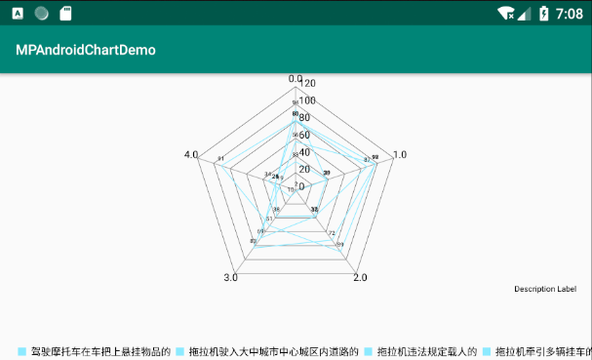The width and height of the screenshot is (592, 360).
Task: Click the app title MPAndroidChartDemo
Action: click(x=86, y=50)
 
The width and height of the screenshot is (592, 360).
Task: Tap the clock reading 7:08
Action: click(x=569, y=14)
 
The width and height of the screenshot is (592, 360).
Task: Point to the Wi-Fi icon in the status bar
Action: click(x=505, y=14)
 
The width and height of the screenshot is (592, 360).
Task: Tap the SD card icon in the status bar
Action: click(x=65, y=14)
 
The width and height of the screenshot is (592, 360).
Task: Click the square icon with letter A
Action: click(x=18, y=14)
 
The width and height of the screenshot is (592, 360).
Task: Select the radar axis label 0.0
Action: click(x=295, y=79)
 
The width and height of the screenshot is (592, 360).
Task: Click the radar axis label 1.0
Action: click(x=399, y=155)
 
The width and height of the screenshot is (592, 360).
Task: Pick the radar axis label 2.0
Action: click(x=359, y=279)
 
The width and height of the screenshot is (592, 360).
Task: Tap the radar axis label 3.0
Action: click(x=230, y=279)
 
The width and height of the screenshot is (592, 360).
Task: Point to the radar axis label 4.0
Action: click(x=191, y=155)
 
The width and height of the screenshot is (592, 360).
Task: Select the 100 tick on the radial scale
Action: click(x=306, y=101)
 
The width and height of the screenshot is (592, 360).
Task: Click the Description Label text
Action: click(x=545, y=289)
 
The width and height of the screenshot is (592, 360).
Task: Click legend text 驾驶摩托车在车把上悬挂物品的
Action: click(x=101, y=351)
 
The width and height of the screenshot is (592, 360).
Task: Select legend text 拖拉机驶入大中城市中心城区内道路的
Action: click(x=273, y=351)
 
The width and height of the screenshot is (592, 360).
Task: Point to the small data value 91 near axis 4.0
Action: click(x=221, y=159)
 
